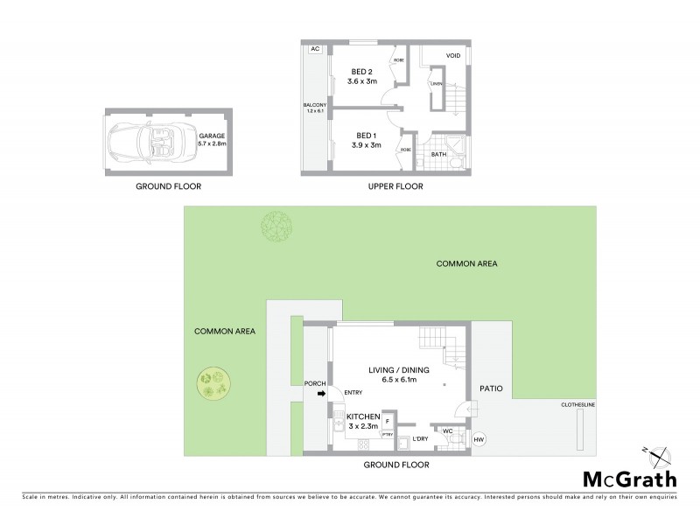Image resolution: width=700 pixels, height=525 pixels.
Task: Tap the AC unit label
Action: pos(313,49)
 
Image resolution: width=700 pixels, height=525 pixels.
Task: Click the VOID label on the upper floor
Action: pos(453,55)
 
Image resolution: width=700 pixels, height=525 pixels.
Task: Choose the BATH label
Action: pos(438,153)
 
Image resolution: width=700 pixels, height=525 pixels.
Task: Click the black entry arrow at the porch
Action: pos(321,395)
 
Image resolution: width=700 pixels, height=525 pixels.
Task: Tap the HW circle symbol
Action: pos(478,439)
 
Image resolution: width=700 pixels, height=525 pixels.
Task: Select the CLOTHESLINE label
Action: pos(577,405)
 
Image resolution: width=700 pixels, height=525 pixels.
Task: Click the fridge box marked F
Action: pos(386,421)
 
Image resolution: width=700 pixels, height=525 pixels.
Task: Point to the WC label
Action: pos(447,431)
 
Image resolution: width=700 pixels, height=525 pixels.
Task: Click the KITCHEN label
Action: pos(362,416)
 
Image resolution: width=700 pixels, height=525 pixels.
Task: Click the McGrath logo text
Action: pos(629,479)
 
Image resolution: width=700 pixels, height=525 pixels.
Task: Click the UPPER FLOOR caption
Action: pos(396,186)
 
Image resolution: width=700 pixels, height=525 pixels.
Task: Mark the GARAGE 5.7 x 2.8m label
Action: pos(213,140)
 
